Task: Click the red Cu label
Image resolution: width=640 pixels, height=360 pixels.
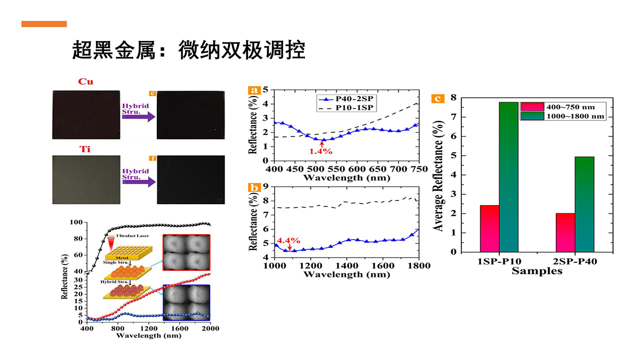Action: pyautogui.click(x=86, y=82)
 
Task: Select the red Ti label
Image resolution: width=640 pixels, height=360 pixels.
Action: pyautogui.click(x=85, y=148)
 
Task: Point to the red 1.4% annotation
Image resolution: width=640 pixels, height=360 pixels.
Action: pyautogui.click(x=321, y=151)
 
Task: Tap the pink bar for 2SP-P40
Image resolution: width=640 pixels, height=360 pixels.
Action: pyautogui.click(x=565, y=233)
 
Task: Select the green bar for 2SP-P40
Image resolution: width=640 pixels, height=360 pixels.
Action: pyautogui.click(x=585, y=204)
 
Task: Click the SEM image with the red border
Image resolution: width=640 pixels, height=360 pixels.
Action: pyautogui.click(x=187, y=254)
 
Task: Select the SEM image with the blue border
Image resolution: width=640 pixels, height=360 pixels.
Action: pyautogui.click(x=187, y=302)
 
